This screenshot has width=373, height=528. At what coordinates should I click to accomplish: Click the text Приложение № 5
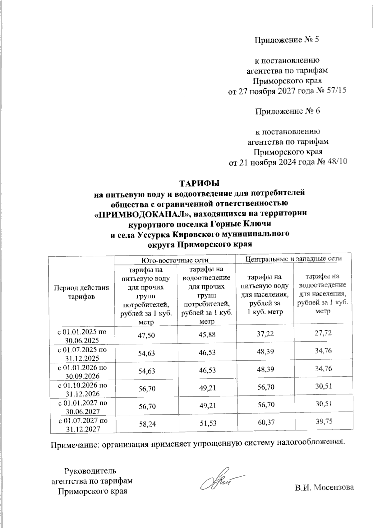coord(287,40)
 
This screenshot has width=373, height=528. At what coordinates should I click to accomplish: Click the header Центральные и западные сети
coord(294,259)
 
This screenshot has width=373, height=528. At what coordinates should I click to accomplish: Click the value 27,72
coord(323,333)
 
